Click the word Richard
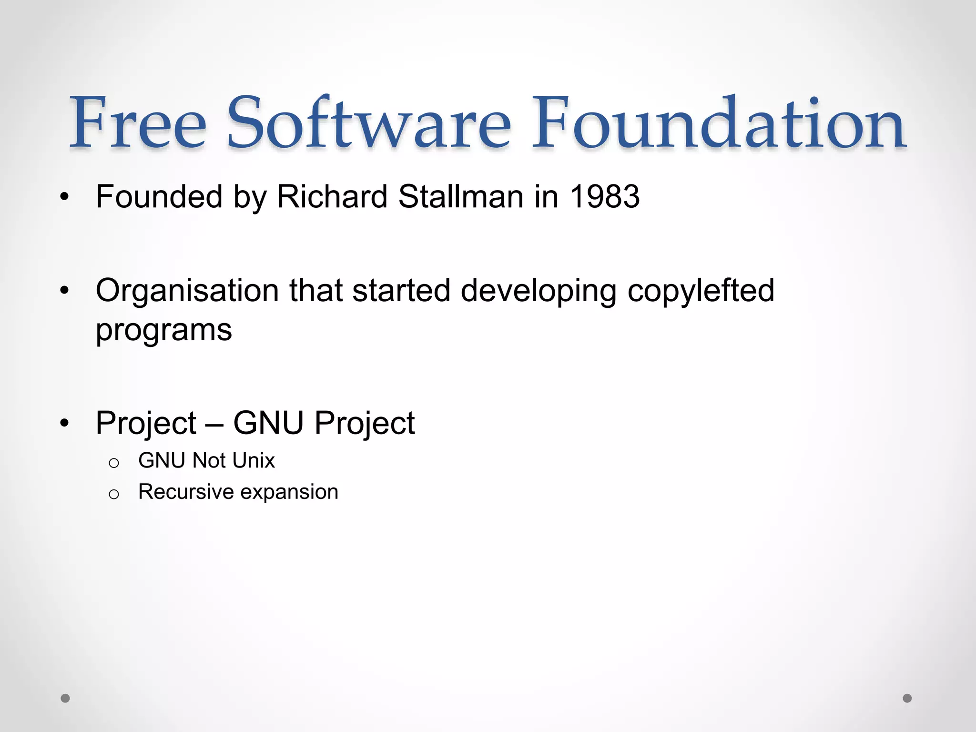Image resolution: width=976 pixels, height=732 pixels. [x=332, y=196]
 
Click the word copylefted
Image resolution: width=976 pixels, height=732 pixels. [x=701, y=291]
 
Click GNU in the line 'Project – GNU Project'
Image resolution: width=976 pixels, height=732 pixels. [x=268, y=423]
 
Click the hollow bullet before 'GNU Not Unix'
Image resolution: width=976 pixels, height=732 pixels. [x=113, y=463]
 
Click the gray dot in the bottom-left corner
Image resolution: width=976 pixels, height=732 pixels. [x=65, y=698]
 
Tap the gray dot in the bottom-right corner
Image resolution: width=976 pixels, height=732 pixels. [x=907, y=698]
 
